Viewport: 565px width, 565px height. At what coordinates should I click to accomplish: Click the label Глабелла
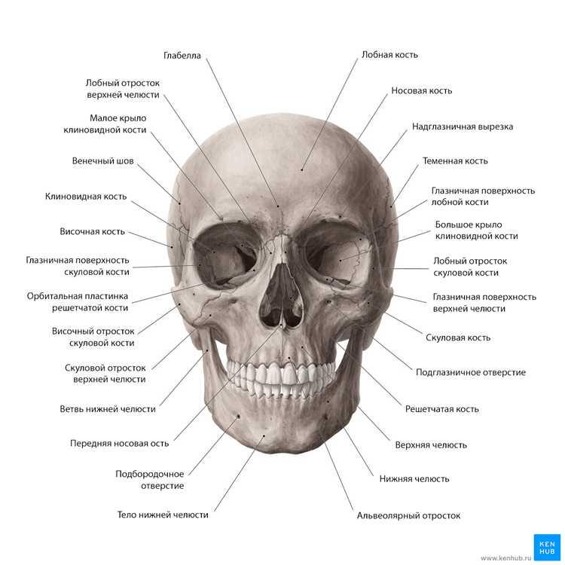click(x=182, y=56)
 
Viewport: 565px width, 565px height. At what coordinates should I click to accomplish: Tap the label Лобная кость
click(x=389, y=55)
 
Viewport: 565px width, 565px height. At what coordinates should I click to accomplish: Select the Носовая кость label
click(x=422, y=90)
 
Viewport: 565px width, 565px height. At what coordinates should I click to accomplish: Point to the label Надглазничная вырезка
click(x=463, y=127)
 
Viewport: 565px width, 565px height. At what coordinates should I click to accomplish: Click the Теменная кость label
click(x=455, y=160)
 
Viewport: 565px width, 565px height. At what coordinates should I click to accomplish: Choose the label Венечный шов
click(x=102, y=160)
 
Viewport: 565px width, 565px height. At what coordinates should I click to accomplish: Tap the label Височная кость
click(x=92, y=231)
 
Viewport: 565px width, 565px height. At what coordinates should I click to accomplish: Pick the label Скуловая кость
click(x=458, y=337)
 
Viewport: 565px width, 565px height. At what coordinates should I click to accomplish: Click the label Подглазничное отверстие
click(x=471, y=372)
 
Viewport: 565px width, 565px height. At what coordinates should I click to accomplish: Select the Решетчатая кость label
click(x=441, y=409)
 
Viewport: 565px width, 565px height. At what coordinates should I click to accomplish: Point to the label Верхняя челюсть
click(x=431, y=445)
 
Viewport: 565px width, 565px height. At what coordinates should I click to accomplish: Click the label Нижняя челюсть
click(x=414, y=479)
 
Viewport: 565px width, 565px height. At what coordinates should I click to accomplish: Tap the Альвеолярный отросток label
click(x=408, y=515)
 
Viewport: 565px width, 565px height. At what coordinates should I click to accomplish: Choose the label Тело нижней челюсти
click(x=163, y=515)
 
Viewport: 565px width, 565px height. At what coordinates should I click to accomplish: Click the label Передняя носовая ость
click(x=119, y=443)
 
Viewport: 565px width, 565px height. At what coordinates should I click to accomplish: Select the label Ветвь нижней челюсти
click(x=108, y=409)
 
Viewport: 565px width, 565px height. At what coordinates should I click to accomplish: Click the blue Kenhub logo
click(x=547, y=548)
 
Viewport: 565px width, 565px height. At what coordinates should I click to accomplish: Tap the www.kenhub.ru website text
click(x=506, y=558)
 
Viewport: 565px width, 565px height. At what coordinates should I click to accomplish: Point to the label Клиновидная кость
click(x=86, y=197)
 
